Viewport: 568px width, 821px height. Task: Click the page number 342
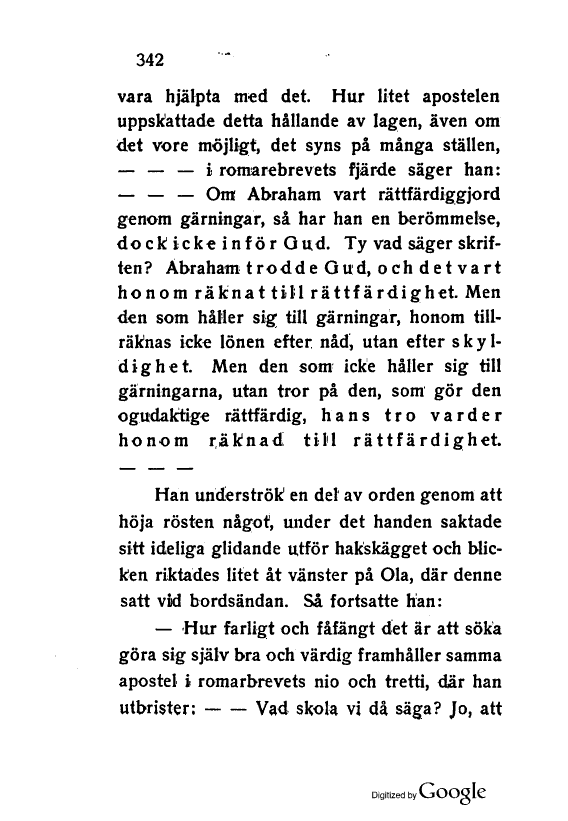tap(149, 58)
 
